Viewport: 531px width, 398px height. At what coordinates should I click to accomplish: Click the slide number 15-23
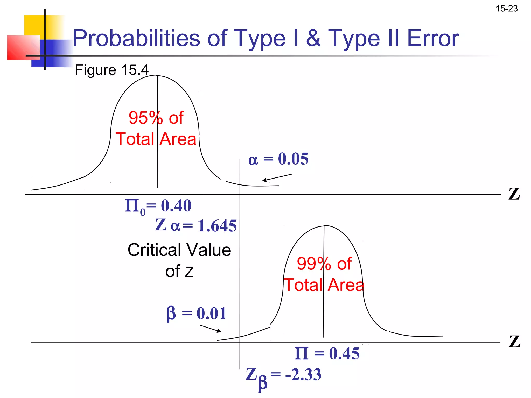point(506,9)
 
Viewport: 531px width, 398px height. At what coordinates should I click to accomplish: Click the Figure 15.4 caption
point(111,70)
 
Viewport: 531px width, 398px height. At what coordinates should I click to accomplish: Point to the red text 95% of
point(156,118)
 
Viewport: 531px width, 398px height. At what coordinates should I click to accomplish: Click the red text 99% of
point(324,264)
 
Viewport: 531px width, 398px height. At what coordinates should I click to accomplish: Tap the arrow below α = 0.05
point(277,177)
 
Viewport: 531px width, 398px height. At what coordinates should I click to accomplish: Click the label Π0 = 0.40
point(158,206)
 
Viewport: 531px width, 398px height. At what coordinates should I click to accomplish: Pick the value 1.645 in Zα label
point(217,226)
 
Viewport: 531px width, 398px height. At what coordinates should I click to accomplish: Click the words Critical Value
point(179,250)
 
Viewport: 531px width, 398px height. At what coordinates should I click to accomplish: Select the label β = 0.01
point(197,314)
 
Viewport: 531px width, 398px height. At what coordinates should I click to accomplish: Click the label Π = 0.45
point(327,353)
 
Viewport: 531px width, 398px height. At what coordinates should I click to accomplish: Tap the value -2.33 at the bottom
point(303,375)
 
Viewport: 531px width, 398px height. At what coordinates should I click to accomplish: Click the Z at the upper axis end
point(514,194)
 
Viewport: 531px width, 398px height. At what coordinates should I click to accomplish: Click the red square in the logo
point(23,48)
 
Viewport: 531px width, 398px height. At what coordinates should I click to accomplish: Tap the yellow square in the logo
point(35,25)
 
